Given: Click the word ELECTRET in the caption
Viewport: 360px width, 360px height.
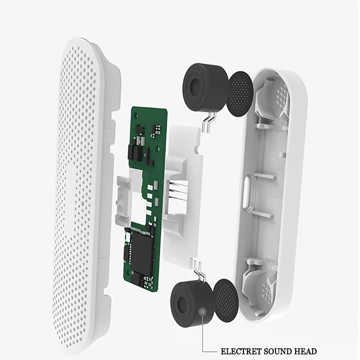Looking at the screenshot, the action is [x=241, y=351].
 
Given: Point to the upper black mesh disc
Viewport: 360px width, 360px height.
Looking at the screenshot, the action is [x=240, y=94].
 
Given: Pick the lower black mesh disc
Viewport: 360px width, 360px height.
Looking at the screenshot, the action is [x=225, y=301].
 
